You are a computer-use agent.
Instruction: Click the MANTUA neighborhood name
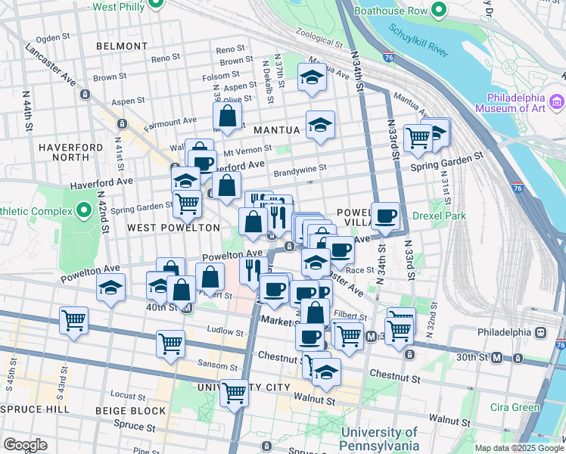point(276,130)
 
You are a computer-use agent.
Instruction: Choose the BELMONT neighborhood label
point(122,46)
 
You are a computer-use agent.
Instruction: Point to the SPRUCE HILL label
point(35,409)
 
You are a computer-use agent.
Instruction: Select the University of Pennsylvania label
point(379,438)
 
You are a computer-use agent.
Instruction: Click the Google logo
point(25,445)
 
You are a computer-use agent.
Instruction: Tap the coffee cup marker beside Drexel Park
point(385,216)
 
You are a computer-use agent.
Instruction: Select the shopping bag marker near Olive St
point(228,117)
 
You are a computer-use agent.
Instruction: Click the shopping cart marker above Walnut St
point(235,392)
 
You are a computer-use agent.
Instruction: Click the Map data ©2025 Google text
point(518,448)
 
